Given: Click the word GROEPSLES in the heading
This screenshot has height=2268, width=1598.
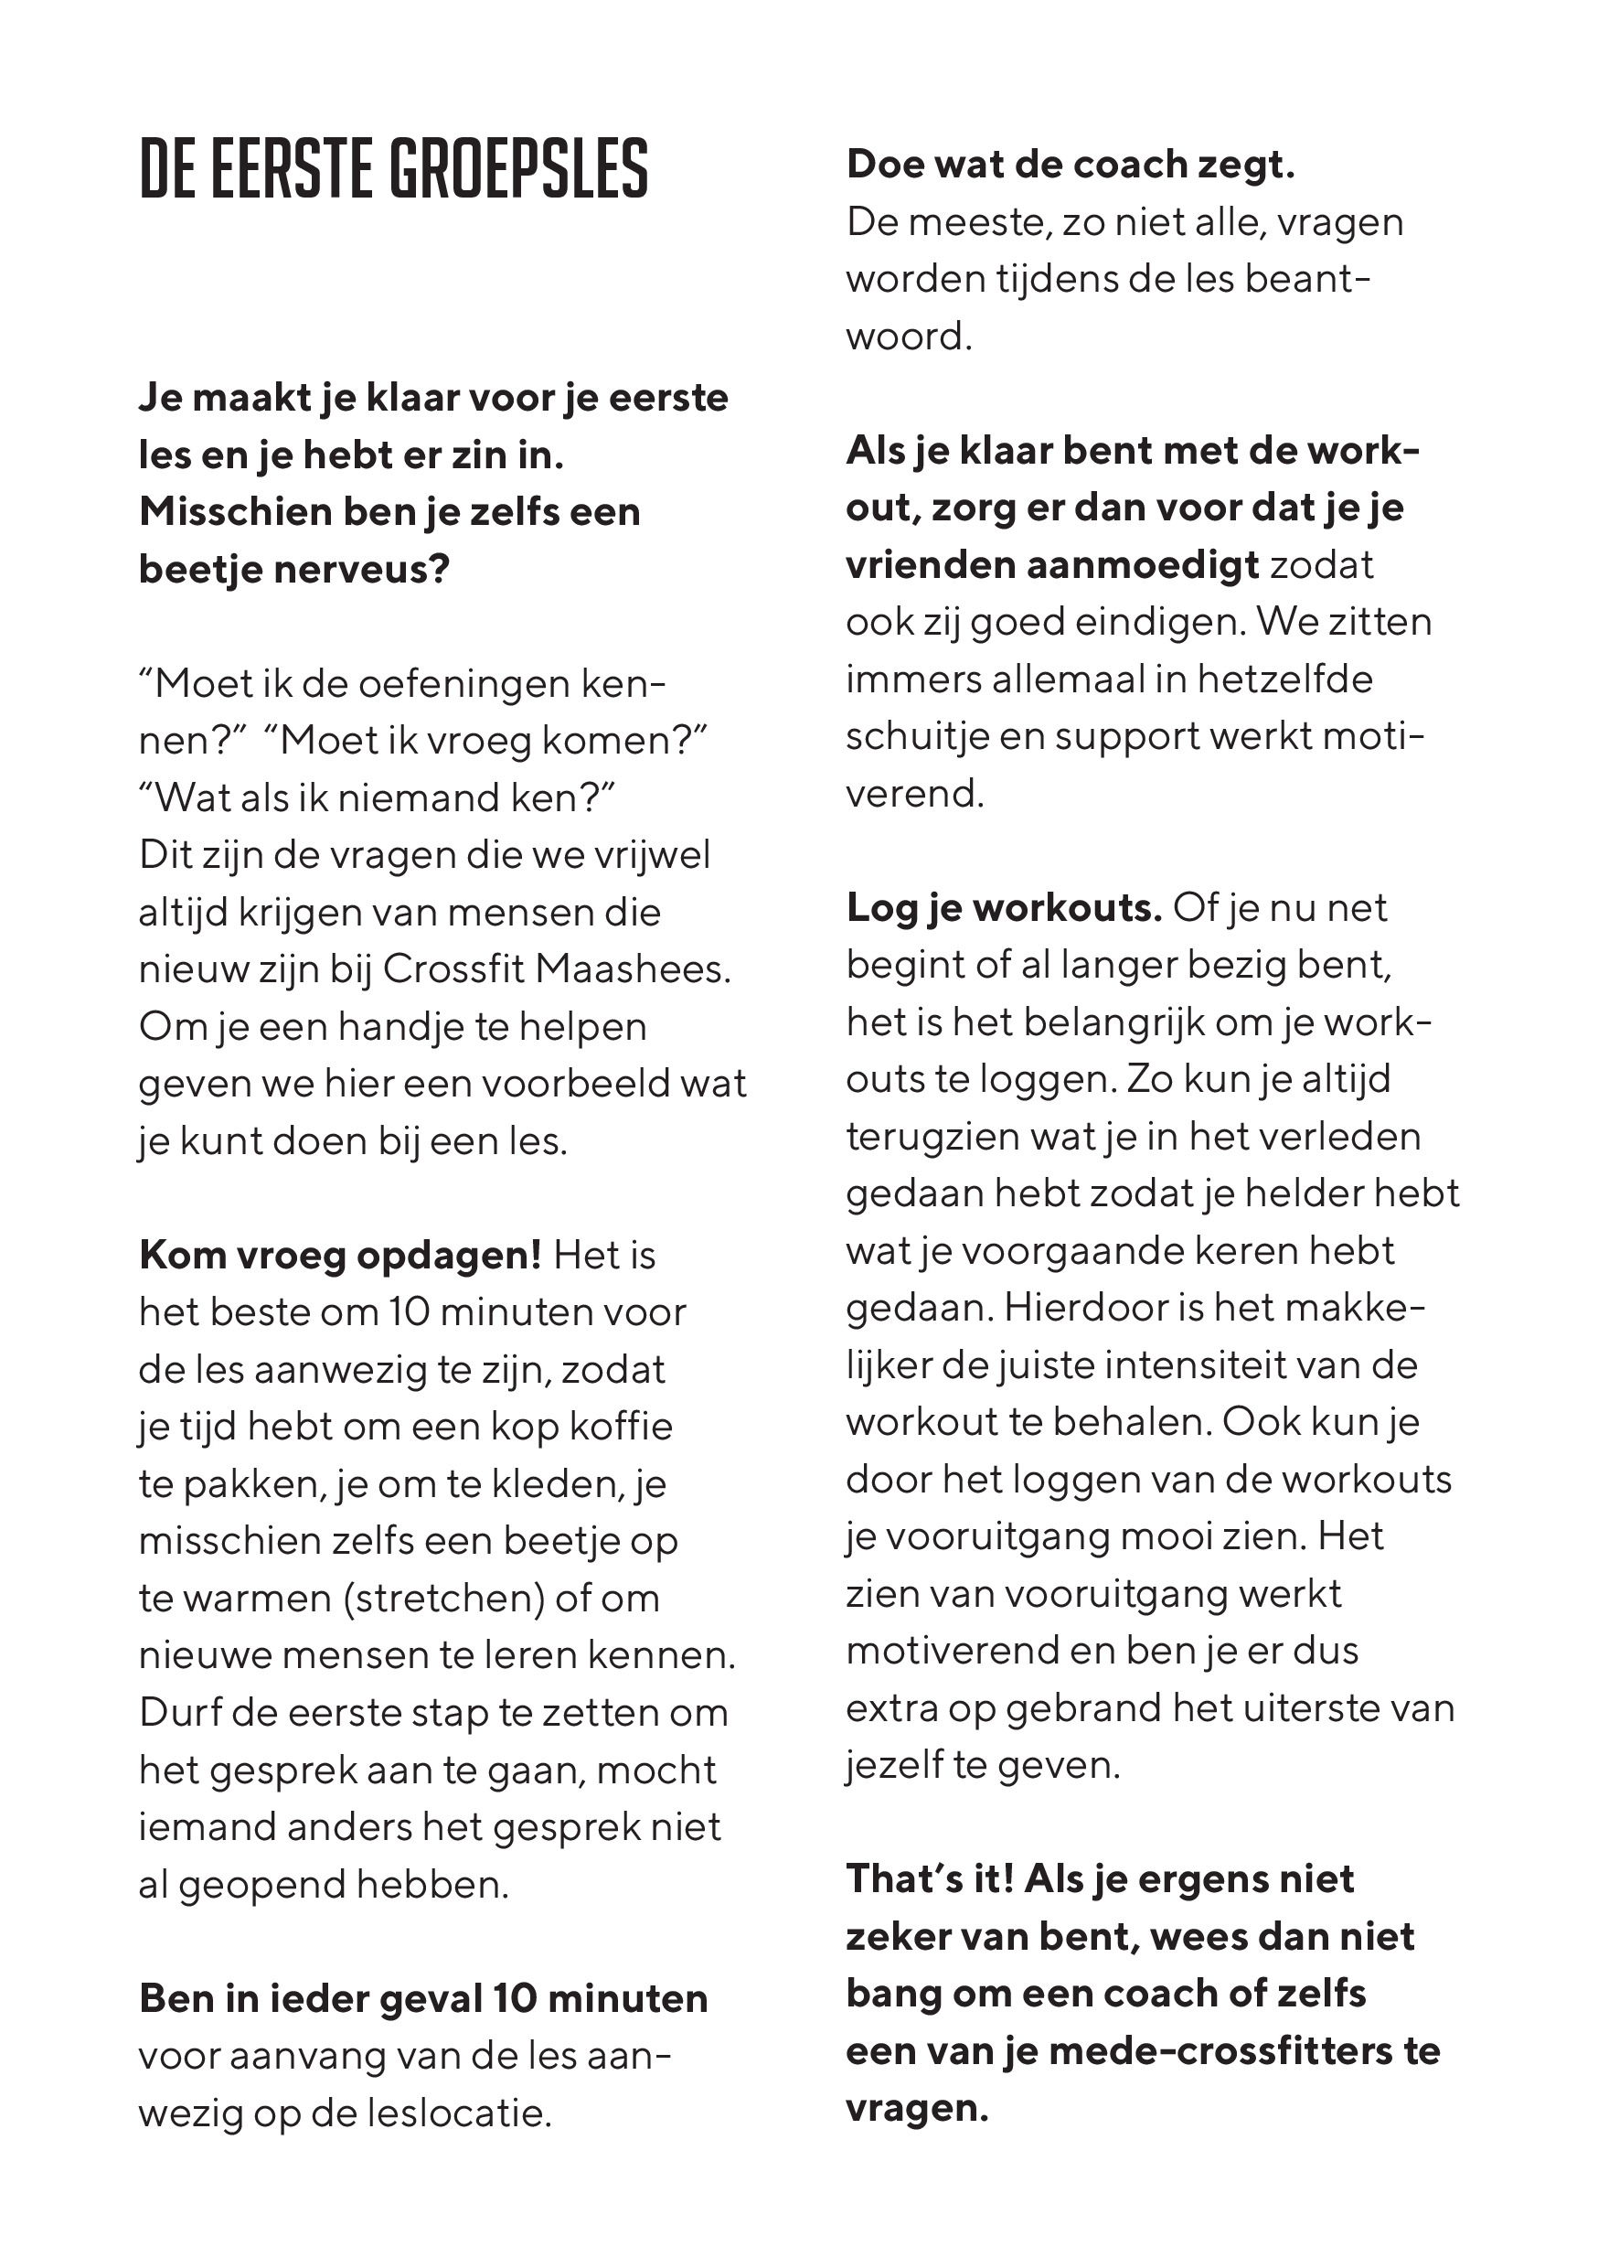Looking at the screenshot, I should [519, 169].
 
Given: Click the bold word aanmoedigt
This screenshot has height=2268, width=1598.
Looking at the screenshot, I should [1143, 565].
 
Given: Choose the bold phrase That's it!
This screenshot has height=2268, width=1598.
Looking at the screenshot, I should [930, 1878].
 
